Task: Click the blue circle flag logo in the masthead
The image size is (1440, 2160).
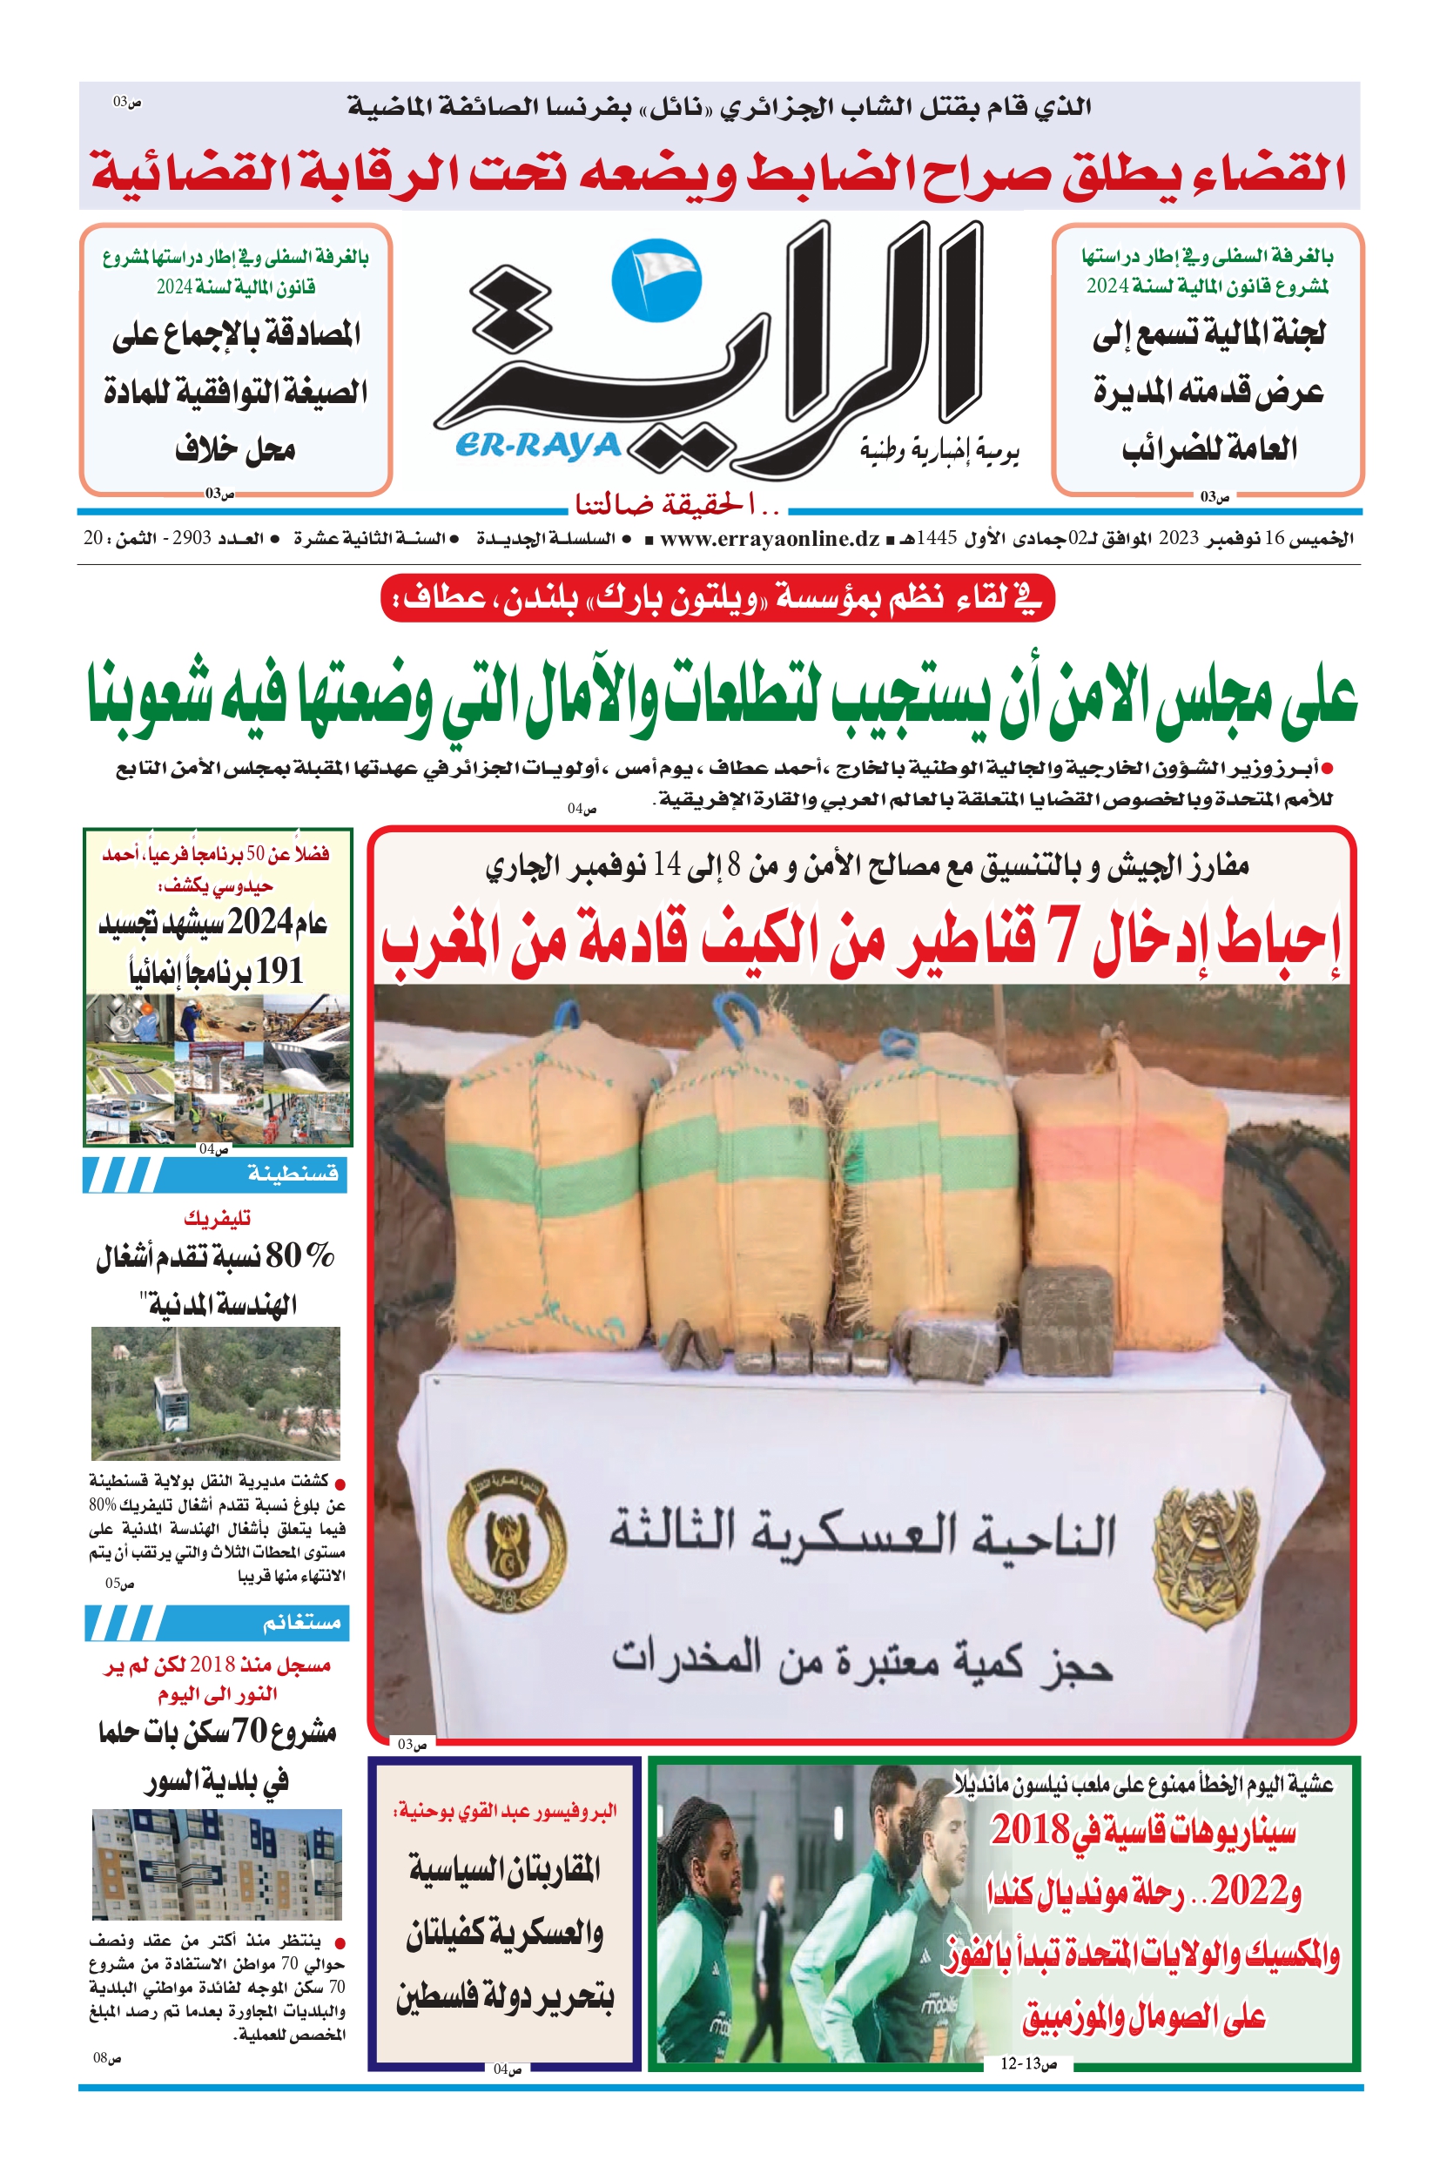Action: pyautogui.click(x=656, y=280)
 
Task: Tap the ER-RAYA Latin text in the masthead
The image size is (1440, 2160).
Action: pyautogui.click(x=538, y=446)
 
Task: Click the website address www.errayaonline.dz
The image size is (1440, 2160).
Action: pyautogui.click(x=770, y=539)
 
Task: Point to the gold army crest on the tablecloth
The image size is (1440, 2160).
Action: pyautogui.click(x=1205, y=1551)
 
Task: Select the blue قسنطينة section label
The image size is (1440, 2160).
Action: pyautogui.click(x=292, y=1174)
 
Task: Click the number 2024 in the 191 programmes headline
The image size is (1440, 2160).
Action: pyautogui.click(x=260, y=922)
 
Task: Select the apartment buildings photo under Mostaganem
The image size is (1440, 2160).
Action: pyautogui.click(x=217, y=1863)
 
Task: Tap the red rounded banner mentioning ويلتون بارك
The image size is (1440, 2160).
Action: pyautogui.click(x=717, y=599)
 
